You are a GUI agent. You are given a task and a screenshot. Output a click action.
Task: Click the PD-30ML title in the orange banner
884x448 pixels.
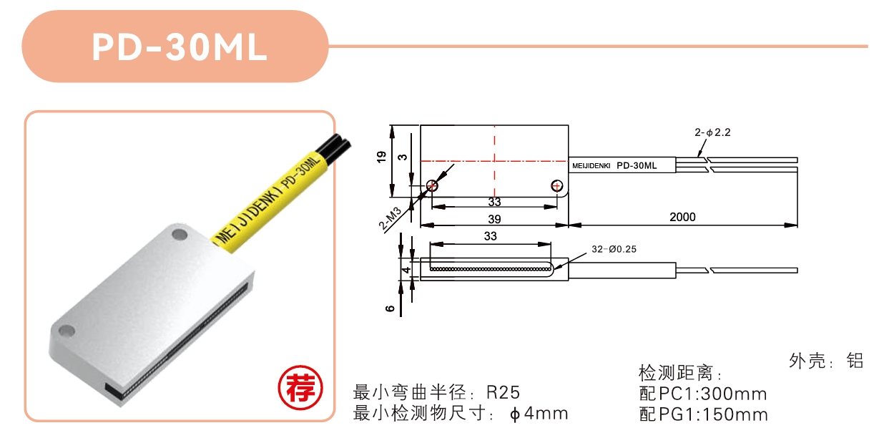pyautogui.click(x=180, y=47)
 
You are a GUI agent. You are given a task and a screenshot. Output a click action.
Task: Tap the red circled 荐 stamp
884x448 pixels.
pyautogui.click(x=300, y=388)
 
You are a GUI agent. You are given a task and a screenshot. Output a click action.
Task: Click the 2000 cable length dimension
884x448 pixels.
pyautogui.click(x=682, y=217)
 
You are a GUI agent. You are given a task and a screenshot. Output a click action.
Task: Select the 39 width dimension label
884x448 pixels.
pyautogui.click(x=494, y=219)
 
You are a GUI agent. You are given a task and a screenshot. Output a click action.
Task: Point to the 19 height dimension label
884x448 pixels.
pyautogui.click(x=381, y=157)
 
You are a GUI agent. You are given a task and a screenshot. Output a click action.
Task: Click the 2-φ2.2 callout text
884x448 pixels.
pyautogui.click(x=712, y=132)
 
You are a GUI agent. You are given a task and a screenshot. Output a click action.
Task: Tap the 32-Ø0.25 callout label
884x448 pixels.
pyautogui.click(x=614, y=249)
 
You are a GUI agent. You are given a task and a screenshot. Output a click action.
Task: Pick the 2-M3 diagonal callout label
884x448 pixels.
pyautogui.click(x=390, y=218)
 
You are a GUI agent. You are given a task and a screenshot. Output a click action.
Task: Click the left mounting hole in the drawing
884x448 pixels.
pyautogui.click(x=432, y=185)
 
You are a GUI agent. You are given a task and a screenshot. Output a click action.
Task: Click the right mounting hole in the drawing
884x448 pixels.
pyautogui.click(x=556, y=185)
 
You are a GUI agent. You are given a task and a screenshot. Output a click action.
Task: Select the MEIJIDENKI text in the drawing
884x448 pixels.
pyautogui.click(x=591, y=166)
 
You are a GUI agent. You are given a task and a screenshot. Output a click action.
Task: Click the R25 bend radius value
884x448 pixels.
pyautogui.click(x=504, y=392)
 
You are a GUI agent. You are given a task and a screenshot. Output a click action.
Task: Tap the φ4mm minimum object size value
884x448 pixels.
pyautogui.click(x=539, y=414)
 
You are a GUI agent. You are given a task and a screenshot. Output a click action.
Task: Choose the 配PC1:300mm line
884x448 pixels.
pyautogui.click(x=703, y=394)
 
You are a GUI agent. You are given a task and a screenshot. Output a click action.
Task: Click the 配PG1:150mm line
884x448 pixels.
pyautogui.click(x=703, y=414)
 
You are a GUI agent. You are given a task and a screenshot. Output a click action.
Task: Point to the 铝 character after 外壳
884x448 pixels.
pyautogui.click(x=855, y=361)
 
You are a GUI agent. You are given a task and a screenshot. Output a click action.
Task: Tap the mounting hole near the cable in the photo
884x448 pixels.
pyautogui.click(x=180, y=235)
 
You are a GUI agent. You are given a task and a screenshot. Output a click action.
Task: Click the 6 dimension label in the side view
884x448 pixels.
pyautogui.click(x=390, y=308)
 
